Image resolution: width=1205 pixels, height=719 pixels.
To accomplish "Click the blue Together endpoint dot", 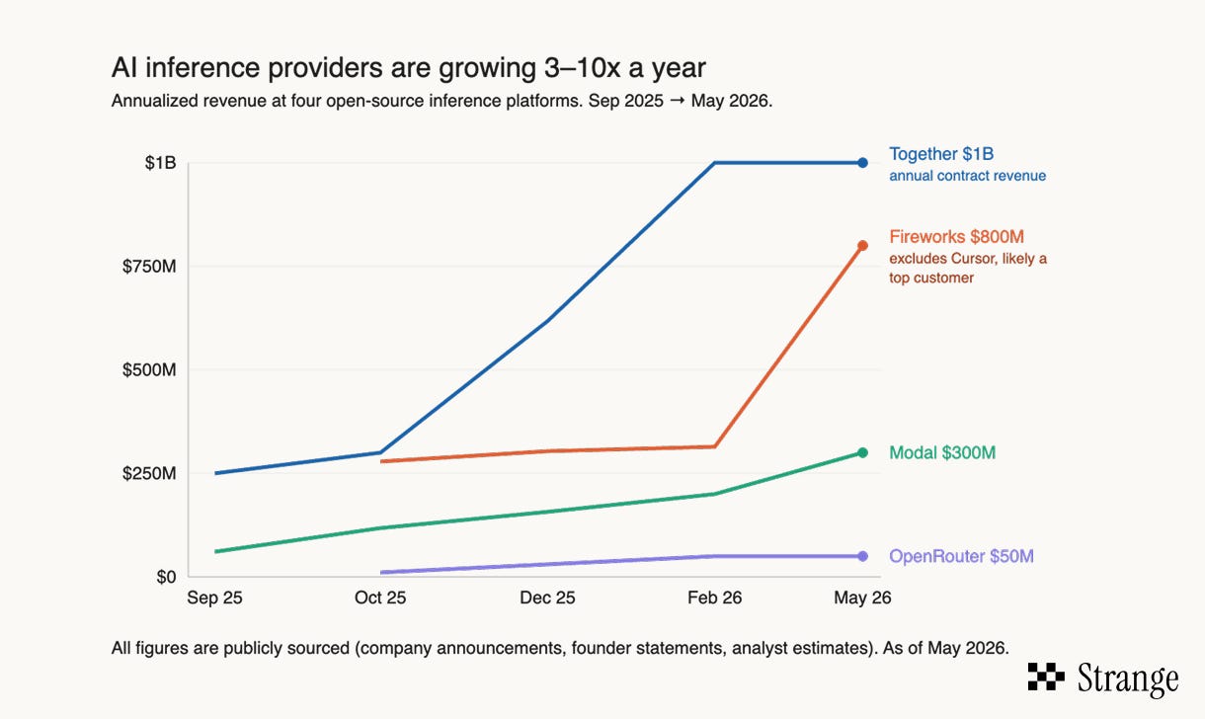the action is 862,162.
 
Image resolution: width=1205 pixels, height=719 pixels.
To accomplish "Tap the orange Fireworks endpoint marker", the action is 862,246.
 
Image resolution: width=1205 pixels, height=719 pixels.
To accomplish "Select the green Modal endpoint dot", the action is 862,452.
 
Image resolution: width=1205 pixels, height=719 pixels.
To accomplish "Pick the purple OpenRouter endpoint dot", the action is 862,556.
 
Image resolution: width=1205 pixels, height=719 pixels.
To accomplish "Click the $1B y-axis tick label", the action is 160,162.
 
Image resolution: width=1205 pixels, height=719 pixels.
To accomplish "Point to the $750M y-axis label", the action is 149,267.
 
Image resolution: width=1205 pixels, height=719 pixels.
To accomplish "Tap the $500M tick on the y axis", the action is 149,370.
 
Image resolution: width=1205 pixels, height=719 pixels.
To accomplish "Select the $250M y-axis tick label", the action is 149,473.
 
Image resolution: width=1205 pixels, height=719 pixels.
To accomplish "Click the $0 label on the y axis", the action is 166,577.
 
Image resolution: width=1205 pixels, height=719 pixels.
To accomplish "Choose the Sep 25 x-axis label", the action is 214,598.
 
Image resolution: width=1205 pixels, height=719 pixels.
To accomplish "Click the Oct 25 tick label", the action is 380,598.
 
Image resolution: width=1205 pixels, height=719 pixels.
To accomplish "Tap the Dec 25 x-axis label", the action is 547,598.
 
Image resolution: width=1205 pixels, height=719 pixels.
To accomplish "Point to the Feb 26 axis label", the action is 714,598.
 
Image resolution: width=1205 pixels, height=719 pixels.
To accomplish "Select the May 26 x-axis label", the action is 862,598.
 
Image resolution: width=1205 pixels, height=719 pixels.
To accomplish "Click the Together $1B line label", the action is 941,154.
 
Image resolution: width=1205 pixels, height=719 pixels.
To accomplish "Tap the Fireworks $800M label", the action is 956,237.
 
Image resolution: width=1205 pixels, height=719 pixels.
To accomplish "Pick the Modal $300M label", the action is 942,452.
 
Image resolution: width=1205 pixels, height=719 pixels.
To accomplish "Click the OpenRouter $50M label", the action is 961,556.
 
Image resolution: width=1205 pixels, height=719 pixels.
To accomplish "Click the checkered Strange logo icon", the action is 1046,677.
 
